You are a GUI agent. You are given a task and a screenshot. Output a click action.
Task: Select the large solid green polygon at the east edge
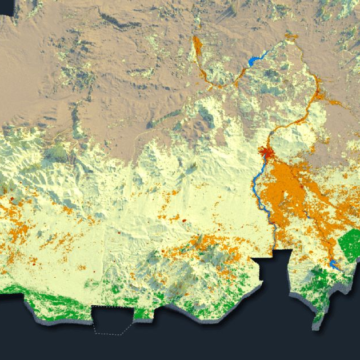click(x=349, y=244)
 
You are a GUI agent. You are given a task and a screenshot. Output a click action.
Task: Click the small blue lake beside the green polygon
click(x=332, y=264)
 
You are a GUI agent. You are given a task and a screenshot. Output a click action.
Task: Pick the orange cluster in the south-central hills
click(x=200, y=250)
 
